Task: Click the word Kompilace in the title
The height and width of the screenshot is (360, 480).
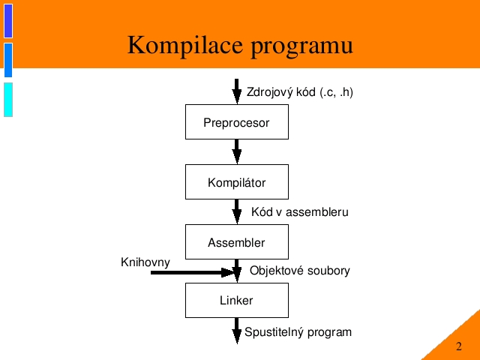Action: (x=185, y=46)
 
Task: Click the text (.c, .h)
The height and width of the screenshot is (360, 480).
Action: (x=337, y=92)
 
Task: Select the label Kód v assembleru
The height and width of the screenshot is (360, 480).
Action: (x=300, y=211)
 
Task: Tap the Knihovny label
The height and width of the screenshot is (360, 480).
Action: (x=145, y=262)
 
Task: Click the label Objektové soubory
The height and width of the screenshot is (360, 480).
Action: (x=300, y=271)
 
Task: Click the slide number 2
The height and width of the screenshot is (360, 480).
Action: (x=458, y=346)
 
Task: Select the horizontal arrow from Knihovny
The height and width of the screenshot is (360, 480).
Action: (x=193, y=272)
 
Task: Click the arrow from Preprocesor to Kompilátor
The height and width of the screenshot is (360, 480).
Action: (x=237, y=151)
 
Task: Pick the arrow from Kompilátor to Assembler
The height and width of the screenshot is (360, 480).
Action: (x=237, y=211)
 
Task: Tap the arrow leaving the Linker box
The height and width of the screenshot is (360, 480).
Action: (x=237, y=331)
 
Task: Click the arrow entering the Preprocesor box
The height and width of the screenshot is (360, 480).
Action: (x=237, y=91)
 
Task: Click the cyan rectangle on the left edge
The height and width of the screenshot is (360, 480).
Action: (x=8, y=100)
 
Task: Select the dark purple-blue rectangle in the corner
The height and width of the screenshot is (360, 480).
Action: (x=8, y=21)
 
